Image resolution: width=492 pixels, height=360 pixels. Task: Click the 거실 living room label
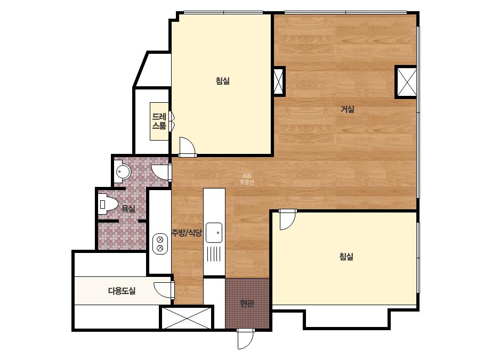pyautogui.click(x=348, y=110)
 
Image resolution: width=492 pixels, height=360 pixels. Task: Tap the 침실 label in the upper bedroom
pyautogui.click(x=223, y=81)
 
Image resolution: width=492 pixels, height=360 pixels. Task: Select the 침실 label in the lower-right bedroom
pyautogui.click(x=346, y=257)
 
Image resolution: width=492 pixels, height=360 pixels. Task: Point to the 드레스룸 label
pyautogui.click(x=159, y=121)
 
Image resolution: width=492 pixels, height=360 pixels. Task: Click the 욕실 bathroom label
pyautogui.click(x=128, y=209)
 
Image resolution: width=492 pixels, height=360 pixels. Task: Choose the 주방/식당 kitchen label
pyautogui.click(x=187, y=233)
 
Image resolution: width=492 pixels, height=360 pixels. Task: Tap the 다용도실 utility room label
pyautogui.click(x=122, y=291)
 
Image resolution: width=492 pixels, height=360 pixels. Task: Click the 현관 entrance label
pyautogui.click(x=247, y=303)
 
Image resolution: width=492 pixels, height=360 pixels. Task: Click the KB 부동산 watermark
pyautogui.click(x=247, y=179)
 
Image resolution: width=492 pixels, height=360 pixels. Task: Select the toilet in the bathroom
pyautogui.click(x=108, y=204)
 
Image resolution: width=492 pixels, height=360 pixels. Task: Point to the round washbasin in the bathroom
pyautogui.click(x=123, y=171)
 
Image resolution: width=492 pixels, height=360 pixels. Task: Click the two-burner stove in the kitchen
pyautogui.click(x=160, y=244)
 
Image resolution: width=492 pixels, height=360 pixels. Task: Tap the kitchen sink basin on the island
pyautogui.click(x=214, y=233)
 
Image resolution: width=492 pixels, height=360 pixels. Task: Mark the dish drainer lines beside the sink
pyautogui.click(x=214, y=253)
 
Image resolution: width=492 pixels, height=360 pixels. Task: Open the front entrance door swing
pyautogui.click(x=245, y=339)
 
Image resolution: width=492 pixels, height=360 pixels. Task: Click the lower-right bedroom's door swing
pyautogui.click(x=288, y=219)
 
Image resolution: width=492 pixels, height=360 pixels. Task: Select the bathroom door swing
pyautogui.click(x=162, y=172)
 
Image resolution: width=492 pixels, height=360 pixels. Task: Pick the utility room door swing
pyautogui.click(x=164, y=290)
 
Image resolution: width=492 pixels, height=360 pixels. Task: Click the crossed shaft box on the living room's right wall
pyautogui.click(x=407, y=82)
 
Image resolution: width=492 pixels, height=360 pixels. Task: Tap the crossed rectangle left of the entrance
pyautogui.click(x=187, y=318)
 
